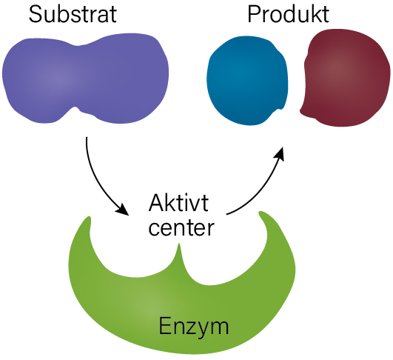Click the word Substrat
point(73,14)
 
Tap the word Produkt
point(288,14)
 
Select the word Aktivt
point(178,202)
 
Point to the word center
point(181,228)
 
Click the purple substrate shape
point(85,79)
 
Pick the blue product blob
point(247,81)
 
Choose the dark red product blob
point(346,78)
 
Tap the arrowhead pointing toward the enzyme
point(122,210)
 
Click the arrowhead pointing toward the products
point(279,154)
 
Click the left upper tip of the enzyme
point(89,217)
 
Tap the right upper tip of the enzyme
point(261,213)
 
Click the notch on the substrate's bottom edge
point(75,107)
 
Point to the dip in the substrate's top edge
point(77,46)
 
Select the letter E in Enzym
point(164,325)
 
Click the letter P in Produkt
point(253,14)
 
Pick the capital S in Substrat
point(36,14)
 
